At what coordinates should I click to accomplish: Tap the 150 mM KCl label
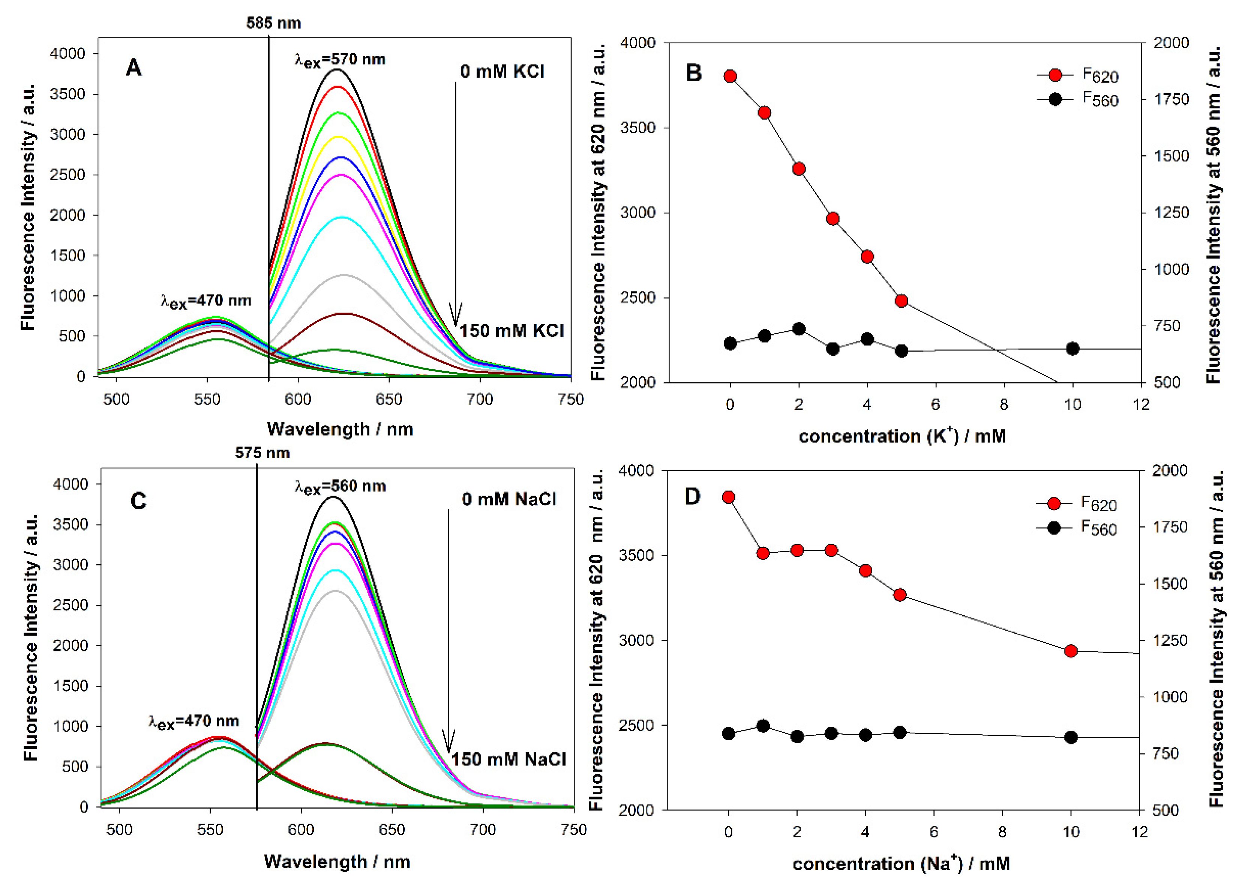512,331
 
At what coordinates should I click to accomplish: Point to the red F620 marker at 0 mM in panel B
730,76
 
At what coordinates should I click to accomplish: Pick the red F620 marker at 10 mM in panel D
1071,651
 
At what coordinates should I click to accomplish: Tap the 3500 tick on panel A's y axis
67,94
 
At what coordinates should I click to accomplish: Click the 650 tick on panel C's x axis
392,830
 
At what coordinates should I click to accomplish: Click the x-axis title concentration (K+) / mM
902,436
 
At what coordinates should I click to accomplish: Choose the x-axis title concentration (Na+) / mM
901,864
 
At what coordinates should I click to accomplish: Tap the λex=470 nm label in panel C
193,721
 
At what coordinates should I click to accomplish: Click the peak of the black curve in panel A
337,70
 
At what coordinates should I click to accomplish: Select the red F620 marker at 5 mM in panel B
901,301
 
